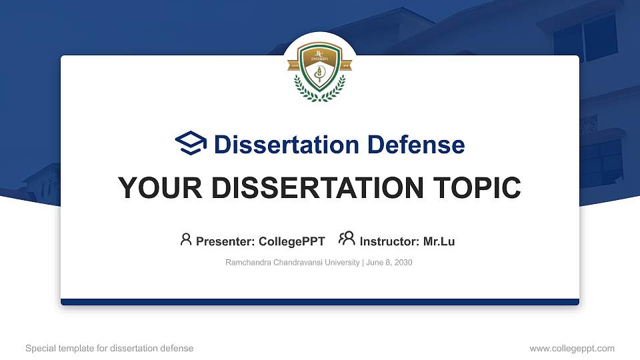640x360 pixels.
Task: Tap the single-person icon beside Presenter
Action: point(186,239)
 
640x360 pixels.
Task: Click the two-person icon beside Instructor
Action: point(347,239)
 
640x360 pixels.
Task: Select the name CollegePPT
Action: point(291,241)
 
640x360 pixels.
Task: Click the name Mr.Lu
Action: point(439,241)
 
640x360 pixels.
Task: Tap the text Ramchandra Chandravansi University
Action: point(293,263)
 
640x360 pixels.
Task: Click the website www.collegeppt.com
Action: point(572,349)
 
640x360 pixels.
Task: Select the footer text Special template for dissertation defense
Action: point(109,349)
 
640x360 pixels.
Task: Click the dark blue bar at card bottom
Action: point(320,302)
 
